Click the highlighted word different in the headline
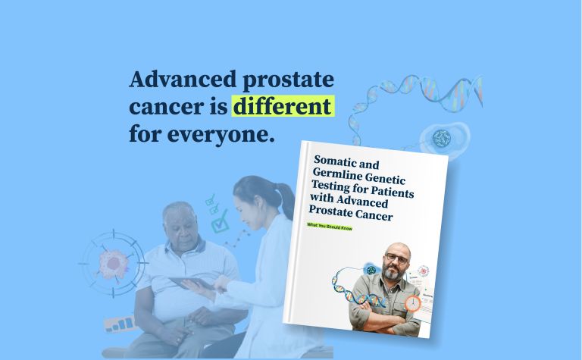pos(282,107)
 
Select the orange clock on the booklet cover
pos(412,302)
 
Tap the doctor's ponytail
pos(285,199)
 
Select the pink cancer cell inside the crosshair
pos(114,261)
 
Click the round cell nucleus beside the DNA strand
pos(441,138)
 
